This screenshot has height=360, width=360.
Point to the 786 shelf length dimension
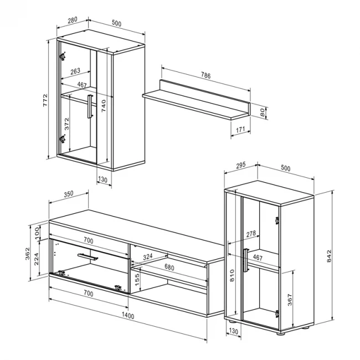coord(205,76)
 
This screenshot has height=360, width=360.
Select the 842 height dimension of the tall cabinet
coord(330,256)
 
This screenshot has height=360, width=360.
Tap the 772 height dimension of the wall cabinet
coord(46,101)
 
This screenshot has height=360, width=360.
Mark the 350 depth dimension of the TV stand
coord(68,194)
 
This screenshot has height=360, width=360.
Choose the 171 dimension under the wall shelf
coord(240,130)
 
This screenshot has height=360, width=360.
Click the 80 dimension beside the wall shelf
coord(262,111)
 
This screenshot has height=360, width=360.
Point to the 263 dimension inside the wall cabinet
coord(76,70)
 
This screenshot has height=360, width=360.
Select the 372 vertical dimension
coord(67,123)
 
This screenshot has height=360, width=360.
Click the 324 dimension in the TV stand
coord(147,257)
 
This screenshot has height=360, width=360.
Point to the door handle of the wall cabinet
coord(88,106)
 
